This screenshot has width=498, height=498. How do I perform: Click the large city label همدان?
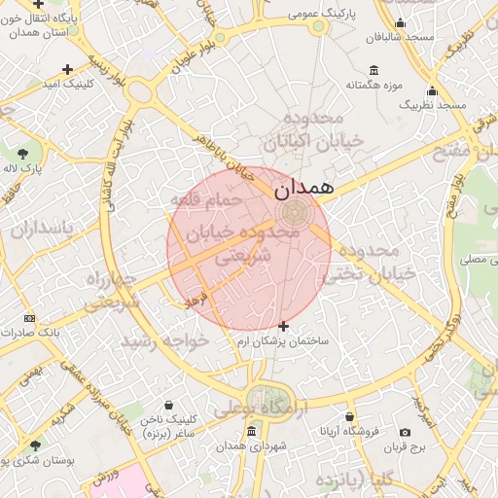pyautogui.click(x=305, y=188)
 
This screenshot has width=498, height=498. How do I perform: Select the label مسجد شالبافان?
pyautogui.click(x=399, y=37)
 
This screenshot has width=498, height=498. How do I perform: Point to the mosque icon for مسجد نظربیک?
pyautogui.click(x=432, y=90)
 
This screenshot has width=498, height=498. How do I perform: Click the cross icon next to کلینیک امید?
pyautogui.click(x=67, y=69)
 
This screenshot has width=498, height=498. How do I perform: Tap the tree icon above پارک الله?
pyautogui.click(x=22, y=154)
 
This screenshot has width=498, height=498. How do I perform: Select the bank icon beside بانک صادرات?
pyautogui.click(x=29, y=318)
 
